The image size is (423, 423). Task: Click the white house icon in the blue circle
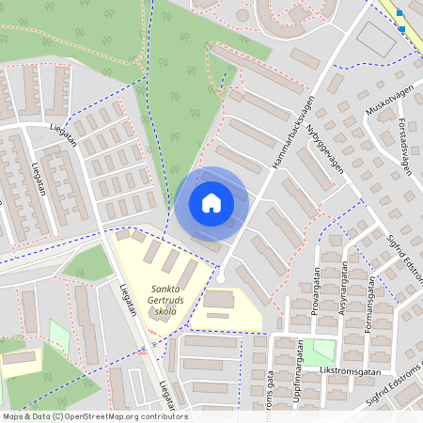(x=211, y=203)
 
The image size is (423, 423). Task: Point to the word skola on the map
(x=165, y=315)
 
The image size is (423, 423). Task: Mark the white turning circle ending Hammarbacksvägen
(x=220, y=278)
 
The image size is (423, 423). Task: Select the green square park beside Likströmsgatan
(x=324, y=351)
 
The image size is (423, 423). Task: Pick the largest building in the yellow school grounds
(x=221, y=300)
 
